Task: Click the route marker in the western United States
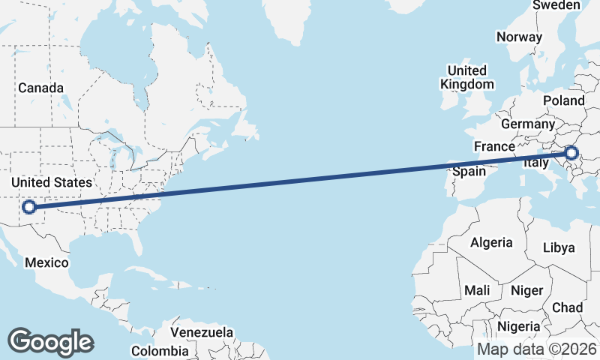tap(29, 207)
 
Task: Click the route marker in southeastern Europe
tap(572, 153)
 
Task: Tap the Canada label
tap(41, 88)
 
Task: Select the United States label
tap(52, 182)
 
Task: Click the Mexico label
tap(46, 262)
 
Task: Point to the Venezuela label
tap(202, 332)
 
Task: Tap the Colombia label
tap(160, 350)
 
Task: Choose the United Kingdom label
tap(467, 77)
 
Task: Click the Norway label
tap(519, 37)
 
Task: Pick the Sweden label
tap(556, 5)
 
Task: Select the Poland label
tap(565, 100)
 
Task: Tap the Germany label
tap(527, 123)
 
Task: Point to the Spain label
tap(470, 171)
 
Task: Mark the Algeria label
tap(491, 242)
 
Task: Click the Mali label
tap(478, 289)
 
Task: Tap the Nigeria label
tap(519, 326)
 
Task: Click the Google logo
tap(50, 341)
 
